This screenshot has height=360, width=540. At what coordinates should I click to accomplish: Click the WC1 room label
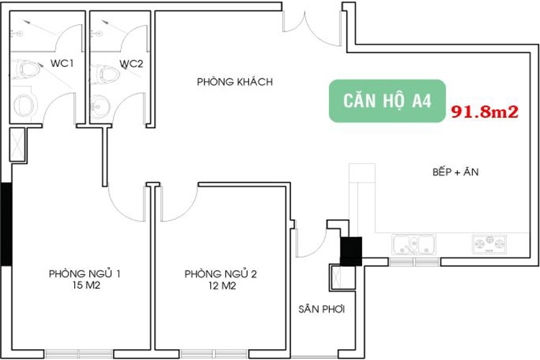click(x=62, y=63)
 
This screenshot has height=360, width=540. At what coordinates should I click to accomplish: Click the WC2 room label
click(x=131, y=64)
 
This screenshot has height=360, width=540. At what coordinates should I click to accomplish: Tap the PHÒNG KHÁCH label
click(x=235, y=81)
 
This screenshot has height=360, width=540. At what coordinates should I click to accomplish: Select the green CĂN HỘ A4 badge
click(x=387, y=101)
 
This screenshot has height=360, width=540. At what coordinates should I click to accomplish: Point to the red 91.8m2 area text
click(x=485, y=112)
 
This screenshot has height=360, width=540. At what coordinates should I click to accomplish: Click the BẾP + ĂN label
click(x=456, y=171)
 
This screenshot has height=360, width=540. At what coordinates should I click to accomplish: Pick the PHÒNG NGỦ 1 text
click(x=85, y=274)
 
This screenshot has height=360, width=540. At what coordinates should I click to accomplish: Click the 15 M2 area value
click(x=86, y=285)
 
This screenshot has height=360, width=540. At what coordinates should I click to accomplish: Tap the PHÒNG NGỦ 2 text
click(x=221, y=274)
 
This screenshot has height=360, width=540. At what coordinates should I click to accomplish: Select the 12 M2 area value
click(x=222, y=286)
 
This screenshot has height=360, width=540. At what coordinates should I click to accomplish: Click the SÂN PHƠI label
click(x=322, y=309)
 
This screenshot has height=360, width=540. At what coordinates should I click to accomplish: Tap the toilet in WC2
click(x=105, y=74)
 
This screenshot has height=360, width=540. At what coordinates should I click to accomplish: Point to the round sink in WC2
click(x=101, y=105)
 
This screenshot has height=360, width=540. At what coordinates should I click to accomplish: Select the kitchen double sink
click(x=414, y=245)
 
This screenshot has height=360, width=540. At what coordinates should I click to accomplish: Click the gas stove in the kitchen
click(x=490, y=244)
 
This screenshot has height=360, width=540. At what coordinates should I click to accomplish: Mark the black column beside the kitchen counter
click(x=351, y=251)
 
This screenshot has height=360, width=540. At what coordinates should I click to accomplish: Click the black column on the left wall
click(x=6, y=224)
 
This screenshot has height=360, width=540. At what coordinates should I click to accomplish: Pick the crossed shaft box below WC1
click(x=17, y=145)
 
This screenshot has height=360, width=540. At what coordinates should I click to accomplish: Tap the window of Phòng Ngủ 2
click(x=214, y=354)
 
